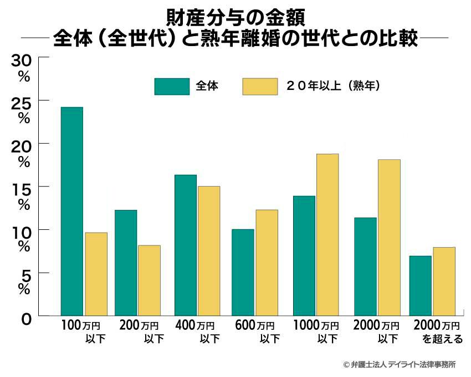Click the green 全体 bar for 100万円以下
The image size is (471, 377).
tap(71, 211)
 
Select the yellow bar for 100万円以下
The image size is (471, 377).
tap(96, 274)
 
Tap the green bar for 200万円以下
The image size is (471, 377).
tap(126, 263)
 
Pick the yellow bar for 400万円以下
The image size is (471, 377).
tap(209, 250)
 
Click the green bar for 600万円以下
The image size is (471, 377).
tap(243, 272)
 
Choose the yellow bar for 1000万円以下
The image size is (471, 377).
tap(327, 234)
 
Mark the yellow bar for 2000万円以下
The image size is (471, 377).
tap(388, 237)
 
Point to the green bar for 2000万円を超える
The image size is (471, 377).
tap(420, 285)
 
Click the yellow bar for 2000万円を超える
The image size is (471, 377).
tap(444, 281)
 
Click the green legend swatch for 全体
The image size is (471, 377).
tap(171, 87)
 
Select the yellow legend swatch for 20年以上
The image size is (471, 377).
tap(259, 87)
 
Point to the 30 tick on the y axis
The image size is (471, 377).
tap(23, 59)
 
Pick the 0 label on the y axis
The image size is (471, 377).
tap(25, 319)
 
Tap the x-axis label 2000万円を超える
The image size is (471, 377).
tap(438, 331)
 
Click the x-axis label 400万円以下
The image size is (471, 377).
tap(198, 331)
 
